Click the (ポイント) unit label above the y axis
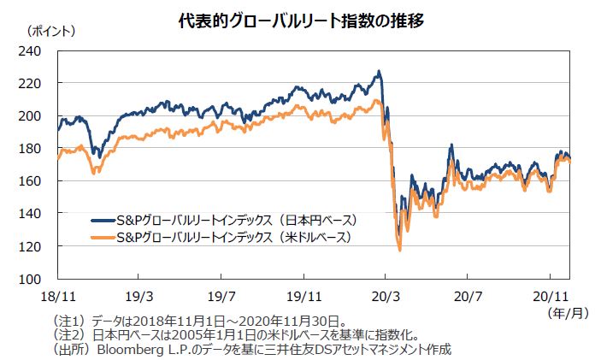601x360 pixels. [x=52, y=32]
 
